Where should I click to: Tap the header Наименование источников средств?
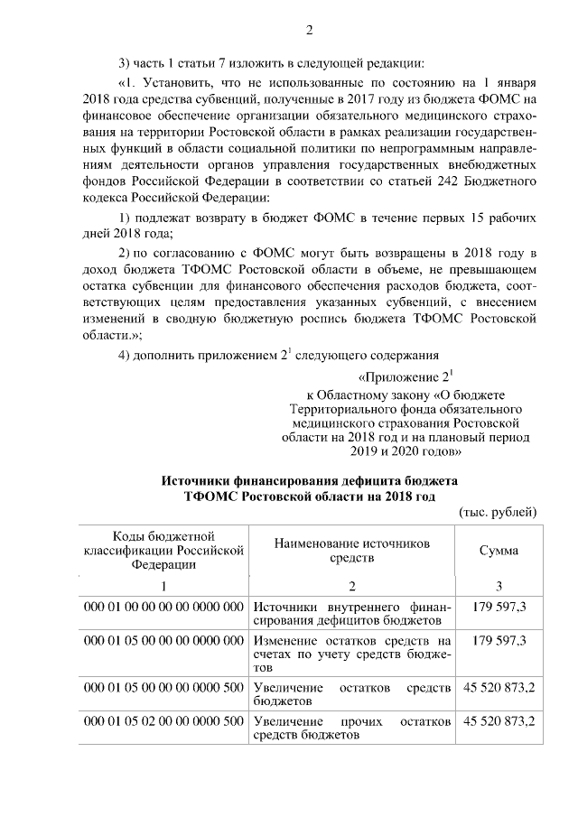point(352,550)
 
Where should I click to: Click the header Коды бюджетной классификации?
point(163,550)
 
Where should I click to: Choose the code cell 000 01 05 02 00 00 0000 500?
point(163,722)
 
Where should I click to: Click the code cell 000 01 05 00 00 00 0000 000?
point(163,641)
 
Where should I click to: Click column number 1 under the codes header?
point(163,584)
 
